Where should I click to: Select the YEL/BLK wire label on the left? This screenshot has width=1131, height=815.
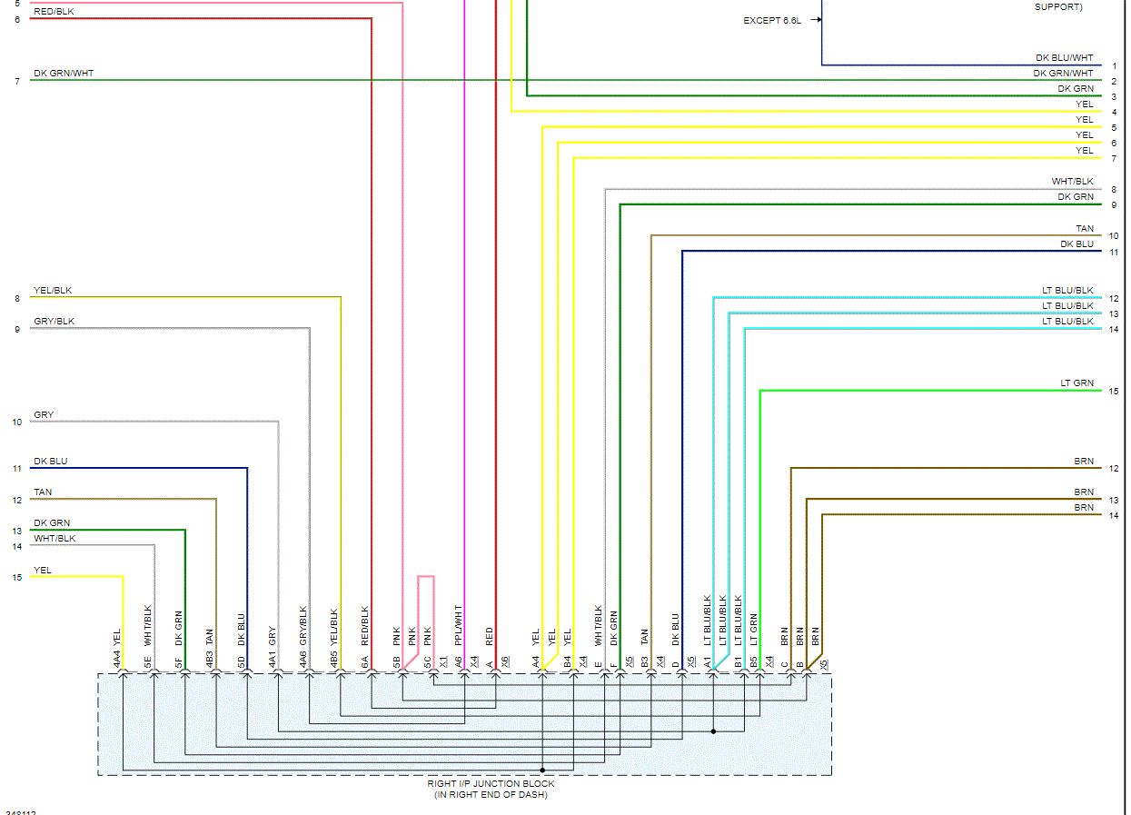[53, 291]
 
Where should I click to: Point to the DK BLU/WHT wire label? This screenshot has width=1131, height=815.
[1065, 57]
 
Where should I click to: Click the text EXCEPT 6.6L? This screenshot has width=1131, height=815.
[772, 20]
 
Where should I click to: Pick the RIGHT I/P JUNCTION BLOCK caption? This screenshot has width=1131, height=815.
[491, 783]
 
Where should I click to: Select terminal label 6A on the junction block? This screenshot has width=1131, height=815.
[365, 663]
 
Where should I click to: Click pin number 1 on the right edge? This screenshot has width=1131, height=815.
[1114, 65]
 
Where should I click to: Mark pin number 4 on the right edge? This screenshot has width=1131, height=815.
[1114, 112]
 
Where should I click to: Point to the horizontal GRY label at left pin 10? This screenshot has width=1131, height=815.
[44, 415]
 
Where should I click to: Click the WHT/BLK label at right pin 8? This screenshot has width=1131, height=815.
[1073, 182]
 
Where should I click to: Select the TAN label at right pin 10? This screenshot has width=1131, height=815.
[1084, 229]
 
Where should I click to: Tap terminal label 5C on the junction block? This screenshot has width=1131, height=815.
[428, 663]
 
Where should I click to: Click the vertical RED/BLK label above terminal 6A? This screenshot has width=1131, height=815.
[365, 625]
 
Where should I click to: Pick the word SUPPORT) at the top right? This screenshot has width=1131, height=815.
[1058, 7]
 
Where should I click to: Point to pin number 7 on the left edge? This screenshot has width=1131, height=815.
[17, 82]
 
